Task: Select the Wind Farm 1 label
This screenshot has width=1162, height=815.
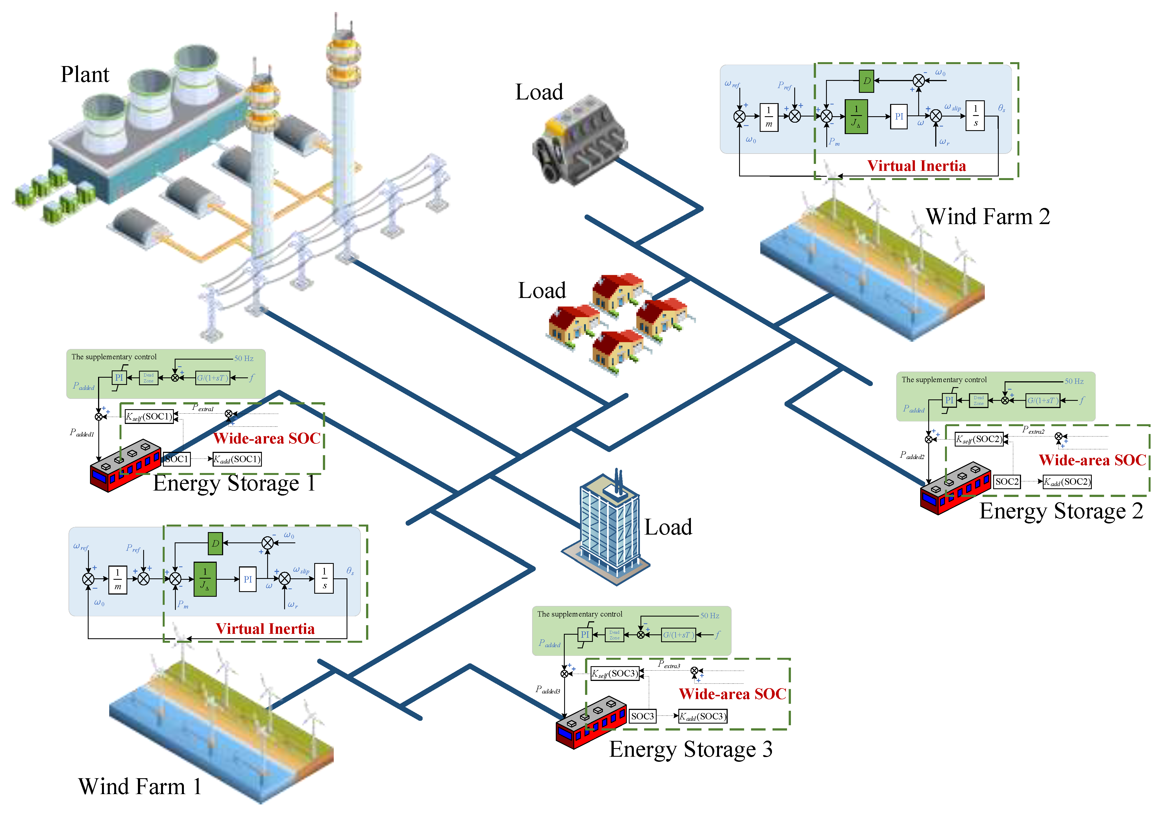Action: (140, 786)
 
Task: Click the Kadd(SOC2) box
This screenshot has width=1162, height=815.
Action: (1067, 481)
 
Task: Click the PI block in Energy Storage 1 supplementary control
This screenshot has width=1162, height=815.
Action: (119, 378)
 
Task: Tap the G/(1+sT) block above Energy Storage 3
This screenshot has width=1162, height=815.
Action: (679, 635)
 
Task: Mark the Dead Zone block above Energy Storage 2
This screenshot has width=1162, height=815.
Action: (978, 401)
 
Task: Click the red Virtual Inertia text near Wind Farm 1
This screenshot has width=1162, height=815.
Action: (265, 629)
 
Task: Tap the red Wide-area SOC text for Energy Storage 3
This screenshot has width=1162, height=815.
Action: (732, 694)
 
